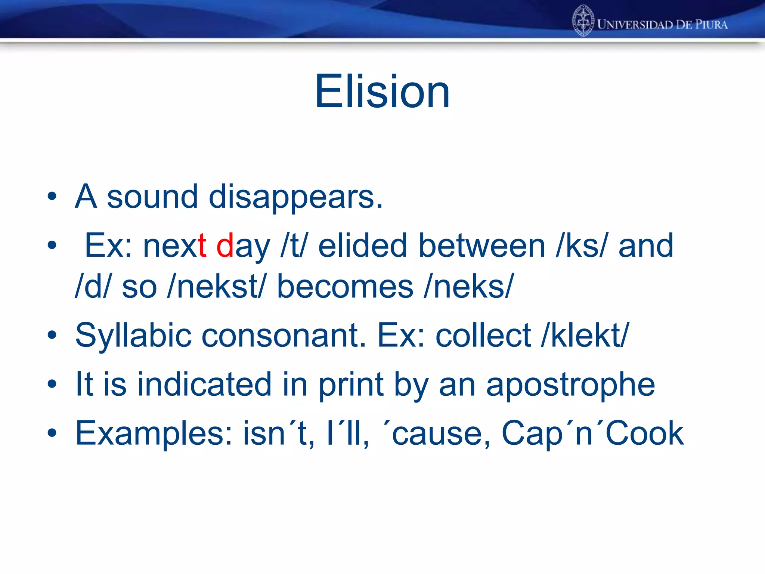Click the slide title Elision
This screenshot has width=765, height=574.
pyautogui.click(x=382, y=92)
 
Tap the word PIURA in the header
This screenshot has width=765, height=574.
pyautogui.click(x=711, y=25)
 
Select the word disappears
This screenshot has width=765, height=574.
pyautogui.click(x=295, y=197)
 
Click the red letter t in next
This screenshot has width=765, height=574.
pyautogui.click(x=202, y=246)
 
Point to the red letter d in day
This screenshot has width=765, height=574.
pyautogui.click(x=225, y=246)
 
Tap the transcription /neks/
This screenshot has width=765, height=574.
pyautogui.click(x=469, y=287)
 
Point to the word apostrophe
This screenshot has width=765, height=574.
pyautogui.click(x=570, y=385)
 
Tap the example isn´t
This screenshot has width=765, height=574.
pyautogui.click(x=278, y=433)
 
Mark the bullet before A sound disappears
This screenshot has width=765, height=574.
pyautogui.click(x=52, y=196)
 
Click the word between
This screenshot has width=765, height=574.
pyautogui.click(x=482, y=246)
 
